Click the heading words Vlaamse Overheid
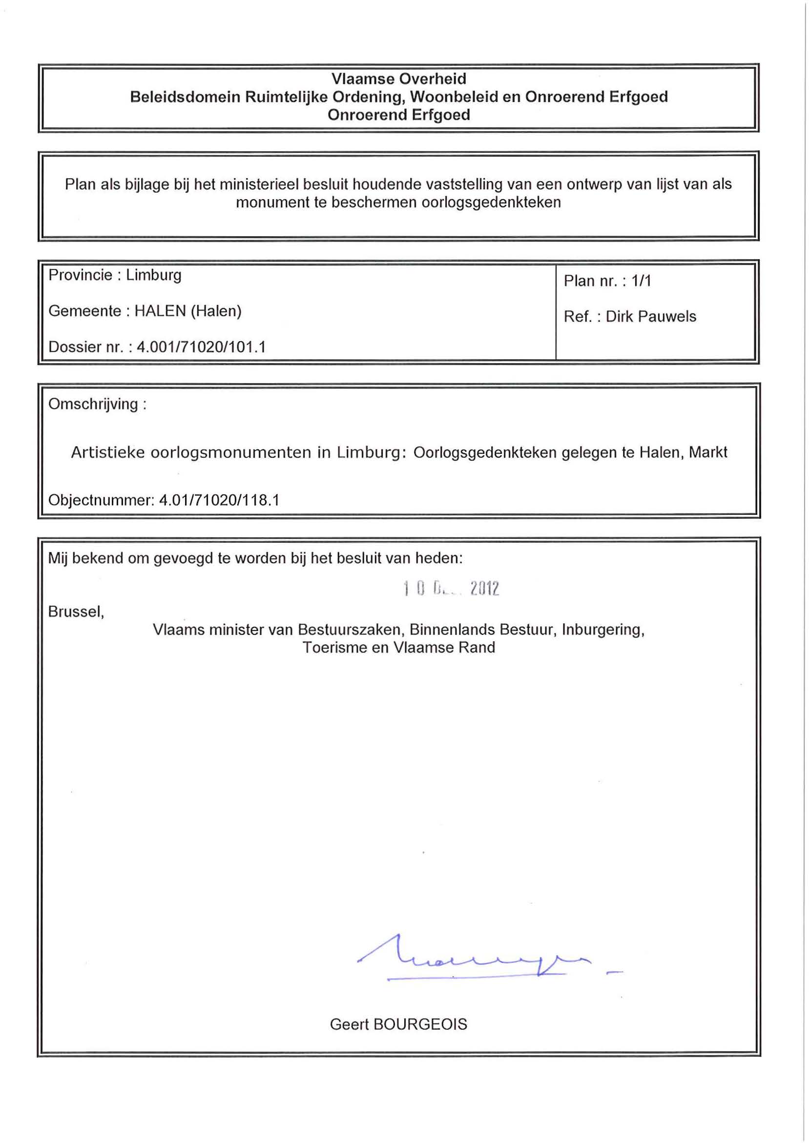coord(398,79)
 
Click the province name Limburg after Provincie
coord(154,275)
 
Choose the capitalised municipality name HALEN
coord(160,311)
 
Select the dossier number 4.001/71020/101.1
coord(202,347)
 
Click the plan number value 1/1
coord(641,281)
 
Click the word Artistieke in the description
coord(107,452)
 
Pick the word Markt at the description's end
coord(708,452)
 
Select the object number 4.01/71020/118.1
coord(219,500)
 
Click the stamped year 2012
coord(484,589)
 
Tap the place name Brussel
coord(75,612)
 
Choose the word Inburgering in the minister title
coord(603,630)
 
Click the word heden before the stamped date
coord(439,558)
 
